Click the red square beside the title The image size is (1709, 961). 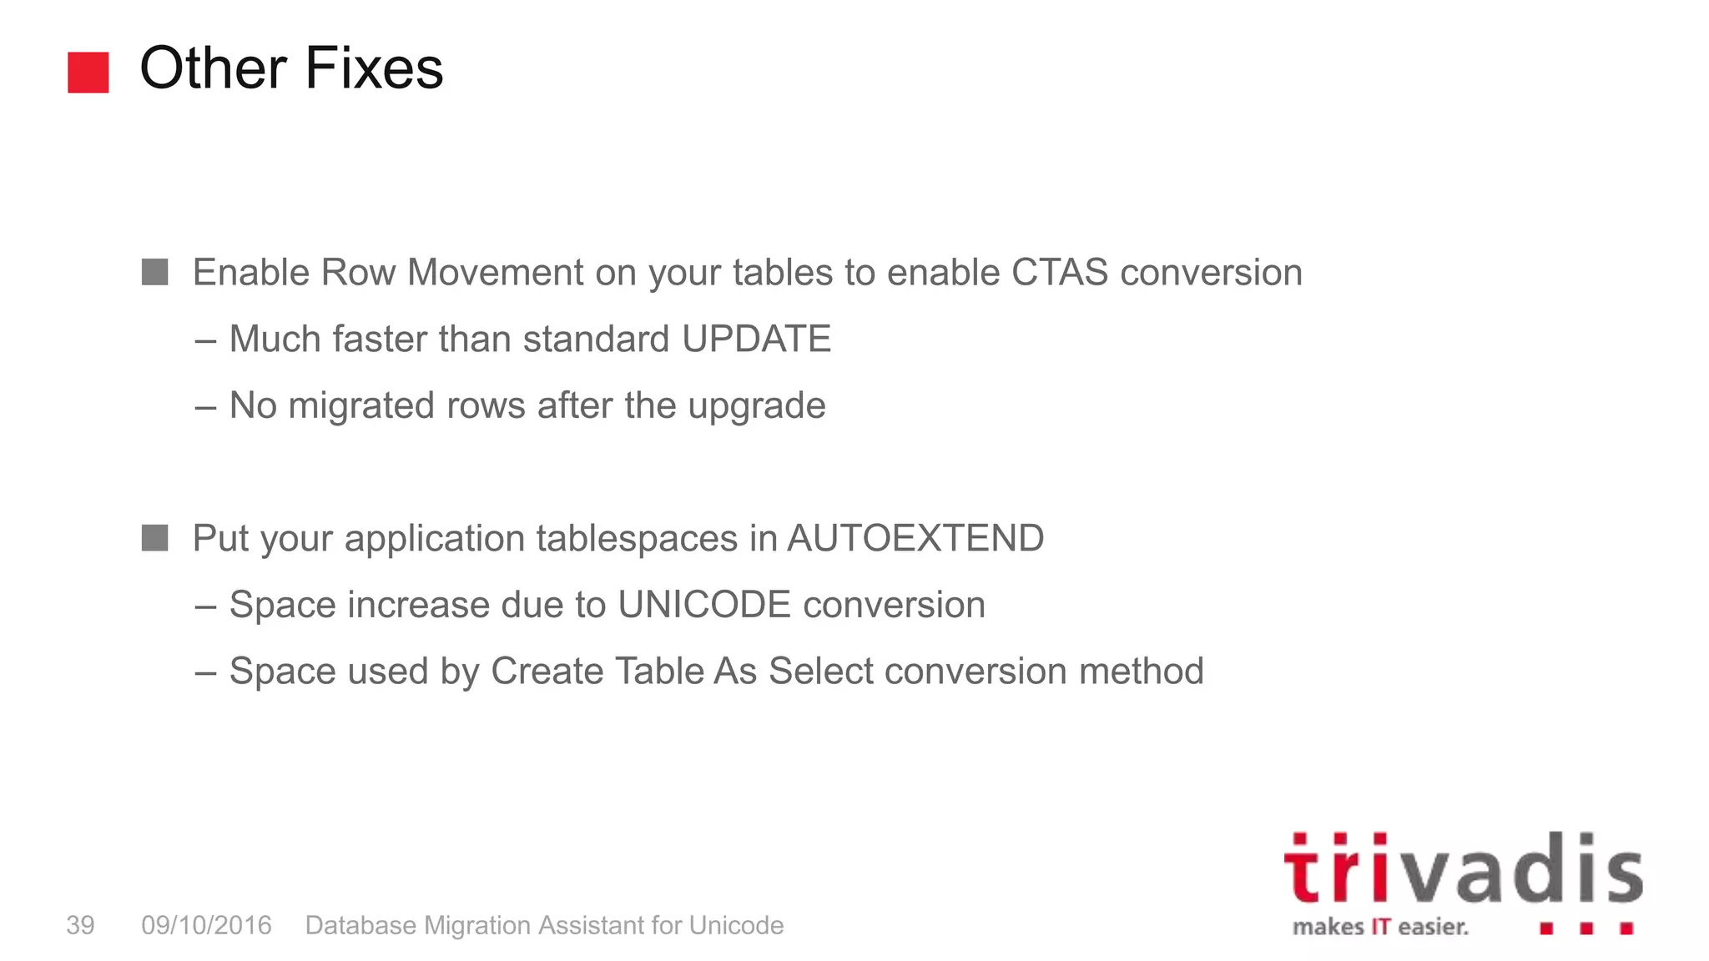point(88,73)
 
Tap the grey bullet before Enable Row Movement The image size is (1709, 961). point(155,272)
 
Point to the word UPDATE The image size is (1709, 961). point(756,340)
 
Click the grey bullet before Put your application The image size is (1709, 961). point(155,538)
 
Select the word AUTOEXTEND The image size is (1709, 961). point(915,538)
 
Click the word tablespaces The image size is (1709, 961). point(638,538)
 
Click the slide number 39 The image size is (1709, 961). point(80,925)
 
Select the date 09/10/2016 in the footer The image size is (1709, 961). point(206,925)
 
